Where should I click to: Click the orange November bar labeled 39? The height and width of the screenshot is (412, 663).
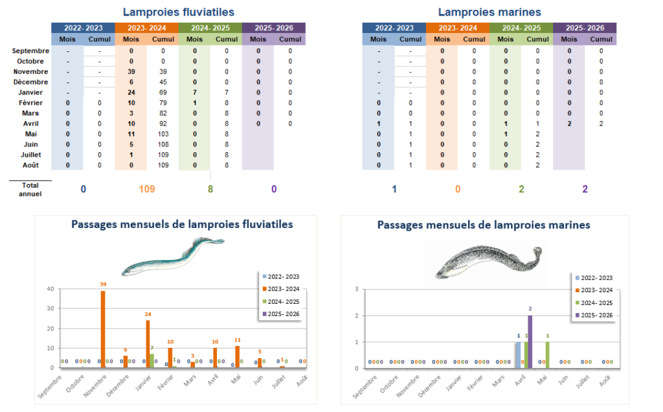(103, 329)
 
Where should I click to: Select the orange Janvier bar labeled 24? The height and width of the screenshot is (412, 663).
(148, 343)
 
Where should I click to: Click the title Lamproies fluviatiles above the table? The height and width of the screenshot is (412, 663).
(178, 12)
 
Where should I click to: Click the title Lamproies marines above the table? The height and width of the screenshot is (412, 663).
(489, 12)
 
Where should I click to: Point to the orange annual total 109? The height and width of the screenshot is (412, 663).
(146, 189)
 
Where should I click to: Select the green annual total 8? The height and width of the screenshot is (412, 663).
(210, 189)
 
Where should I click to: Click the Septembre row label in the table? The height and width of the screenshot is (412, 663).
(30, 51)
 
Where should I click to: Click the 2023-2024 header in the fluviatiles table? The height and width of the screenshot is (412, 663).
(146, 28)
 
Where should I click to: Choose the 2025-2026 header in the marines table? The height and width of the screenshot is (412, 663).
(585, 28)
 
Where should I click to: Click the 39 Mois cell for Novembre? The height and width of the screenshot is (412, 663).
(131, 71)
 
